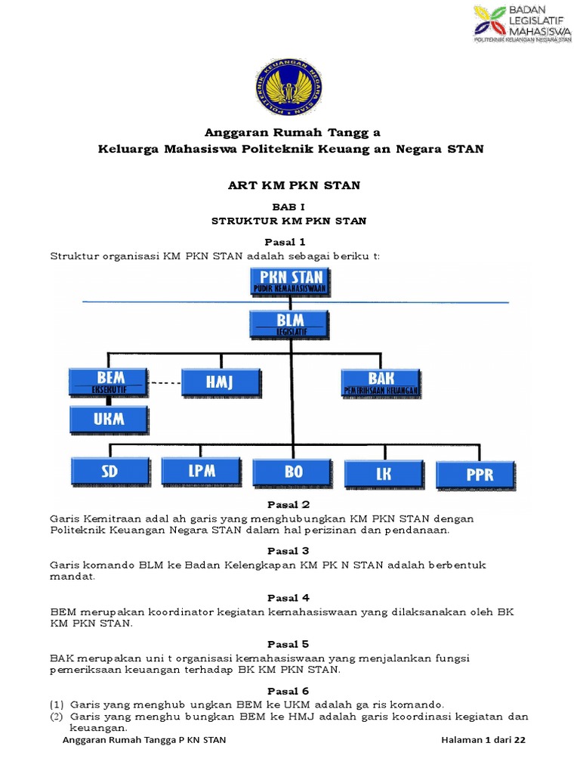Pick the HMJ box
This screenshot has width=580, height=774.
coord(221,382)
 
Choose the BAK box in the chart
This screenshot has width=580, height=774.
coord(381,382)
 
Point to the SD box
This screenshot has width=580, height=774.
coord(109,472)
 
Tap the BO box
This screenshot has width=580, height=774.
coord(292,472)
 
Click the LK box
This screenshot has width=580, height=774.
coord(383,473)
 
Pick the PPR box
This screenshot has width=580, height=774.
coord(476,473)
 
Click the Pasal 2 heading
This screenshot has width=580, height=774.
coord(288,504)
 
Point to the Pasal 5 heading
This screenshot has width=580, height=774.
coord(288,644)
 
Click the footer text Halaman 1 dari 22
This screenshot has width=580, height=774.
coord(483,740)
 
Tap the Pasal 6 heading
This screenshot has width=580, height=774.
coord(288,691)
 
